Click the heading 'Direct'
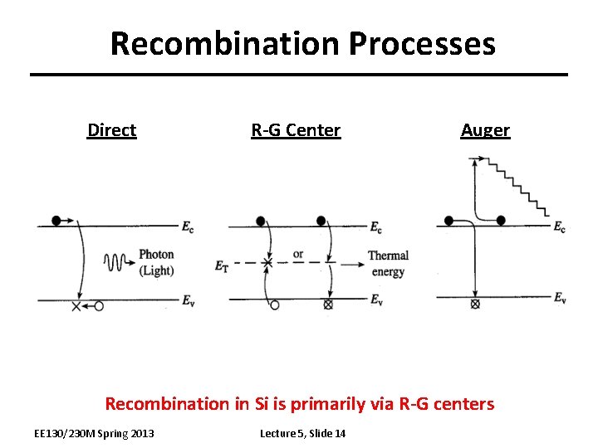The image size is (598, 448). point(111,130)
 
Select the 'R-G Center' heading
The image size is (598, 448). point(296,130)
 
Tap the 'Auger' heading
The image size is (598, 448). point(485,130)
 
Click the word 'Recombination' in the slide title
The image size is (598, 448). point(224,43)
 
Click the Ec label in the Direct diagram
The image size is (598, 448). point(189,225)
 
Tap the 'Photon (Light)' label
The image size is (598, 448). point(156,262)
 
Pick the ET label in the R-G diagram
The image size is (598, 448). point(221,266)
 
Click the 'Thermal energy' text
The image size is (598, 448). point(388,263)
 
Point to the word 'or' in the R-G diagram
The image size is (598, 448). point(298,254)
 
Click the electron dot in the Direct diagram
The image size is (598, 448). point(56,221)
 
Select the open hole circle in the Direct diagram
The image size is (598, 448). point(99,306)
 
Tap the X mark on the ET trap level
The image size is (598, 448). point(267,264)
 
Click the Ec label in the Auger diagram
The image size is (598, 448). point(560,227)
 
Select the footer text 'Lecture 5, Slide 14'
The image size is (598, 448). point(302,433)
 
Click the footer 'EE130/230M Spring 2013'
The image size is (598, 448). point(94,433)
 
